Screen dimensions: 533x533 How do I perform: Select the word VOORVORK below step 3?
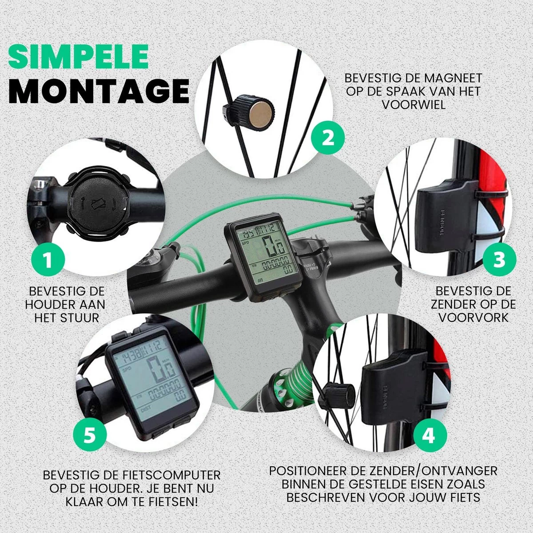474,318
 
